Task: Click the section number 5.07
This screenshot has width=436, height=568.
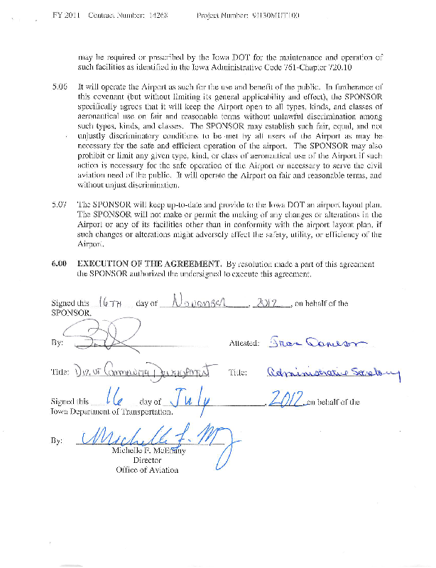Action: [x=60, y=203]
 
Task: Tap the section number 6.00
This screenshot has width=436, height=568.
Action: [x=60, y=263]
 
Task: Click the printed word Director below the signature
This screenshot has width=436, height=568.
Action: [x=148, y=460]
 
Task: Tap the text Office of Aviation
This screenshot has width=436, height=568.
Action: [x=148, y=470]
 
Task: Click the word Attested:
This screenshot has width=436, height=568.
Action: [x=244, y=343]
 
